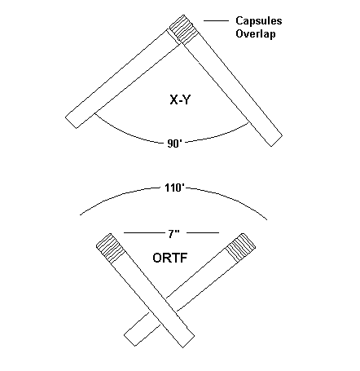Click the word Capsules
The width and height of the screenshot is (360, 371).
pyautogui.click(x=259, y=21)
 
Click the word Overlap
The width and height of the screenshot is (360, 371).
pyautogui.click(x=256, y=34)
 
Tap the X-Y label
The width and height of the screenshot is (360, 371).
pyautogui.click(x=180, y=100)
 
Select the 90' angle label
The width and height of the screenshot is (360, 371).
pyautogui.click(x=174, y=144)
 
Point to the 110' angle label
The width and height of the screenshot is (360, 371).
pyautogui.click(x=174, y=188)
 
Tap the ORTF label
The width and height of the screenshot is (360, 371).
pyautogui.click(x=170, y=258)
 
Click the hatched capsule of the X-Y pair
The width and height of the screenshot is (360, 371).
pyautogui.click(x=183, y=29)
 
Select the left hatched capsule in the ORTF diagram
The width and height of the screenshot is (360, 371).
pyautogui.click(x=111, y=248)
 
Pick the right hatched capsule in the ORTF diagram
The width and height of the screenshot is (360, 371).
pyautogui.click(x=241, y=248)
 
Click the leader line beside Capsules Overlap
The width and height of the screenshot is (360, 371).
pyautogui.click(x=216, y=20)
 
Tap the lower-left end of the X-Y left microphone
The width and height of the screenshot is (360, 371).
pyautogui.click(x=71, y=123)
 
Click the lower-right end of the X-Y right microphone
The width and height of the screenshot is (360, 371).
pyautogui.click(x=277, y=141)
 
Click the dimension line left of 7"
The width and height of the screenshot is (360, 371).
pyautogui.click(x=144, y=233)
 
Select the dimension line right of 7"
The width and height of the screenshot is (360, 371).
pyautogui.click(x=203, y=233)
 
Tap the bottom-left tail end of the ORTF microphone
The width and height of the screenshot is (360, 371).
pyautogui.click(x=130, y=341)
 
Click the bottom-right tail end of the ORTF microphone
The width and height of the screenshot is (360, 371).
pyautogui.click(x=188, y=342)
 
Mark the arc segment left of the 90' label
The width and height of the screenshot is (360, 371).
pyautogui.click(x=128, y=131)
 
